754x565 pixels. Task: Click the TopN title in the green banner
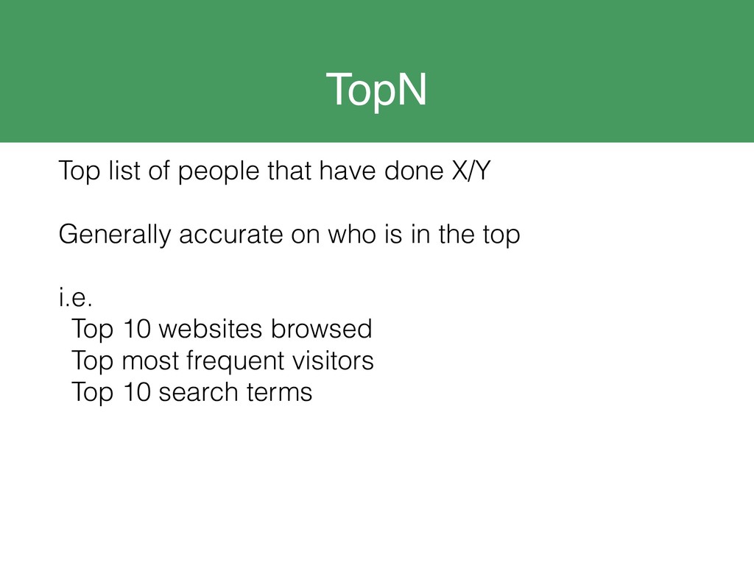(376, 90)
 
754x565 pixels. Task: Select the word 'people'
(219, 172)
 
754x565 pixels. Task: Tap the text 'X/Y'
(471, 171)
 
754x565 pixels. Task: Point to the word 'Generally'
(115, 235)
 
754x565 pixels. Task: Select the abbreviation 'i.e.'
(76, 296)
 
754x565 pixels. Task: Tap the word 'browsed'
(322, 329)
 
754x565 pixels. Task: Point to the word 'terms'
(279, 393)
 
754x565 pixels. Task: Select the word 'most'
(150, 361)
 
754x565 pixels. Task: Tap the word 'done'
(414, 171)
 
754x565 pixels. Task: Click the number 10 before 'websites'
(138, 329)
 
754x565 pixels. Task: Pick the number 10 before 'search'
(138, 392)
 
